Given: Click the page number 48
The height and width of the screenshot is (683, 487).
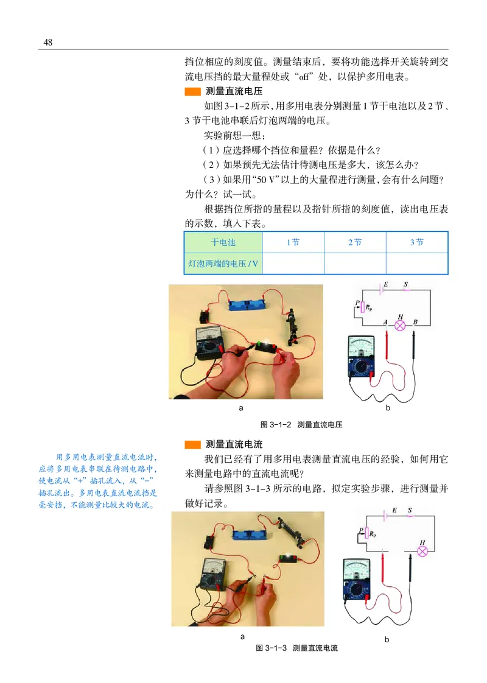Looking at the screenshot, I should point(48,42).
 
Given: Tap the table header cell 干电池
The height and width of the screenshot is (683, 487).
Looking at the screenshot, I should point(223,242).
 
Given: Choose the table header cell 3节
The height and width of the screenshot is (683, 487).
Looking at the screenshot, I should point(417,242).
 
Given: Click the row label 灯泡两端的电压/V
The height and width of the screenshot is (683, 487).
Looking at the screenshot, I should point(223,264).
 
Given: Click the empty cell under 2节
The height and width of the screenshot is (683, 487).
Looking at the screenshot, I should point(355,264).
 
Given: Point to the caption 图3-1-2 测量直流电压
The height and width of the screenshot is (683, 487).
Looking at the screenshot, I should point(301,424).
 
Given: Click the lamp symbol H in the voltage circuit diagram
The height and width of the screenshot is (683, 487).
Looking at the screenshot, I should point(400,325).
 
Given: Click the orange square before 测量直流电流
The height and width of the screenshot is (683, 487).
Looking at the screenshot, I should point(192,444).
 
